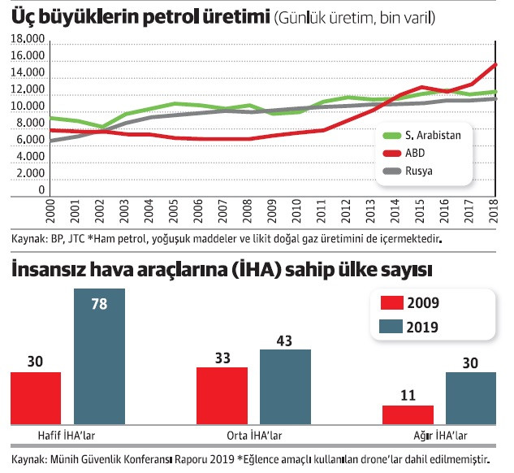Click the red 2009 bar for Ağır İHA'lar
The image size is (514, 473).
408,413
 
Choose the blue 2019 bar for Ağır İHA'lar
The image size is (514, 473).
471,397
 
